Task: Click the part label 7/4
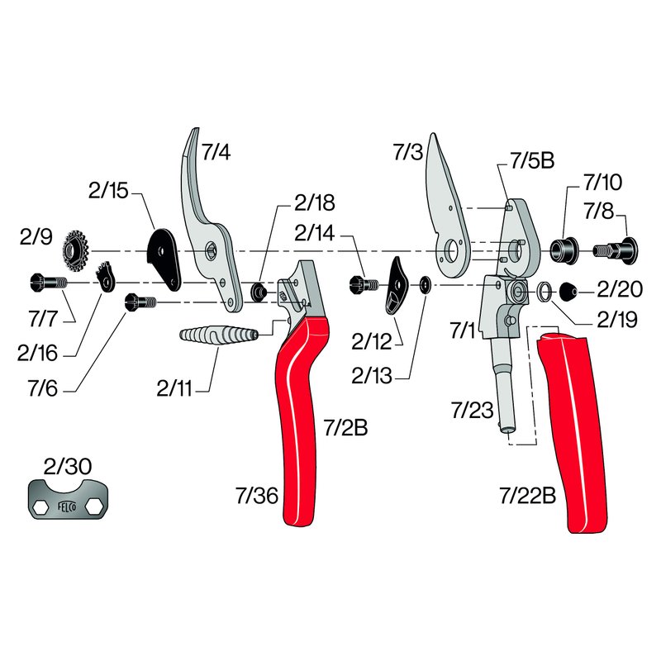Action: click(x=216, y=152)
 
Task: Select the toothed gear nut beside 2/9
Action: click(x=76, y=251)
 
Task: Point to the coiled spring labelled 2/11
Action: click(x=218, y=335)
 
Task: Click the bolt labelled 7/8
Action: click(x=616, y=251)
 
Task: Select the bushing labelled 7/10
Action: click(x=564, y=251)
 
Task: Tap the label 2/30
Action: click(x=68, y=466)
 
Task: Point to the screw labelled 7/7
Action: click(x=49, y=282)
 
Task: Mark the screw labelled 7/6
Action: click(x=140, y=302)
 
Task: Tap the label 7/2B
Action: click(x=345, y=427)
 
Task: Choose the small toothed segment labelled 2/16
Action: click(x=106, y=276)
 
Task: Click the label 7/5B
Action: click(x=532, y=160)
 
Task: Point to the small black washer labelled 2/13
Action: click(x=425, y=285)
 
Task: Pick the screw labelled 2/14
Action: click(x=364, y=284)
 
